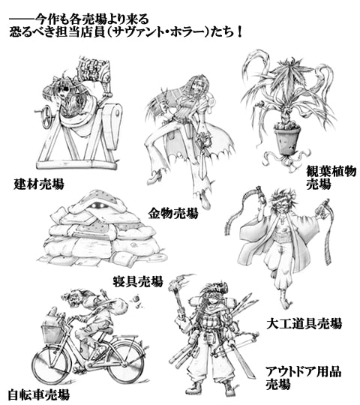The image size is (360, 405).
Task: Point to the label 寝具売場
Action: point(138,282)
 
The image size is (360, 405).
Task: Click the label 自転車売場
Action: point(34,393)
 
